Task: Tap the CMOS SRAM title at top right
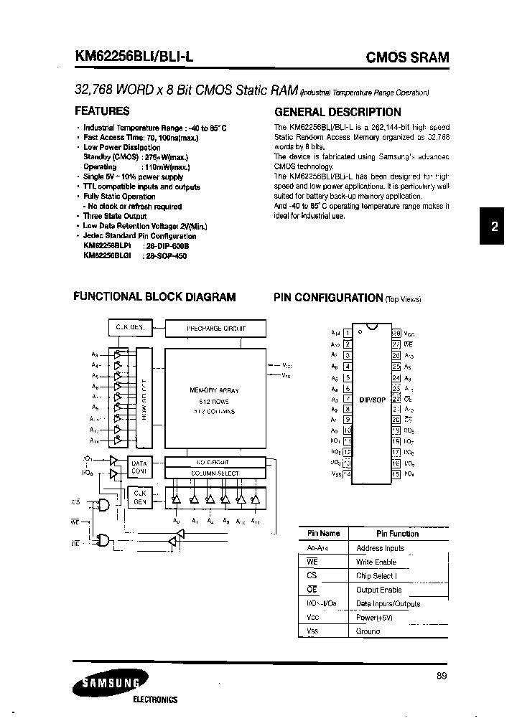click(x=408, y=57)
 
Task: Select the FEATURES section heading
click(x=102, y=111)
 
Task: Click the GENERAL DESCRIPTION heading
click(x=338, y=112)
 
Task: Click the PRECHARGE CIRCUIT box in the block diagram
click(x=215, y=328)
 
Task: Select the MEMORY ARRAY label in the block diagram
click(x=214, y=390)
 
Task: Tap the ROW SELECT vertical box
click(x=144, y=399)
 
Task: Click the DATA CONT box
click(x=139, y=468)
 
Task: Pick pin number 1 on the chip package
click(x=348, y=332)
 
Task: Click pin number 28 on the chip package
click(x=395, y=332)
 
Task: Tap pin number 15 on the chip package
click(x=395, y=473)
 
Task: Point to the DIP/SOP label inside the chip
click(x=372, y=399)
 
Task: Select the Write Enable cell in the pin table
click(x=376, y=562)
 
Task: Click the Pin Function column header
click(x=397, y=534)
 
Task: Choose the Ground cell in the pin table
click(x=368, y=631)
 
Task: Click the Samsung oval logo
click(x=109, y=683)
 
